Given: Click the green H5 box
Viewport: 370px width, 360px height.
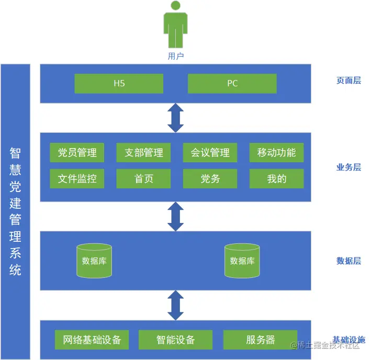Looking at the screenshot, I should [x=119, y=84].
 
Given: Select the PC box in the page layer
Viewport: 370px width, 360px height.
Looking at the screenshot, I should [x=232, y=84].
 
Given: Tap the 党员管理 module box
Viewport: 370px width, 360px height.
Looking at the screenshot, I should [x=77, y=153].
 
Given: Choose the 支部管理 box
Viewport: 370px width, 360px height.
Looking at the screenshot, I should [x=143, y=153].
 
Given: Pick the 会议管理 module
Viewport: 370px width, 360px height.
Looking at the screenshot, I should [x=210, y=153].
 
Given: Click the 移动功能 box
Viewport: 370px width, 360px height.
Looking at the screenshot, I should [x=276, y=153].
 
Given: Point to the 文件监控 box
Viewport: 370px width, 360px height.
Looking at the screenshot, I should [x=77, y=179].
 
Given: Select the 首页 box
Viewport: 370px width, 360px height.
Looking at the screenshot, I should [x=143, y=179].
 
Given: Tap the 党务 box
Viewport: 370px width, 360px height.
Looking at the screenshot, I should [x=210, y=179].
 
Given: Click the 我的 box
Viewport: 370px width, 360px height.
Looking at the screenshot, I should [x=276, y=179].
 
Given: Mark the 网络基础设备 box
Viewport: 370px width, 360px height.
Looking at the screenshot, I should [x=92, y=340].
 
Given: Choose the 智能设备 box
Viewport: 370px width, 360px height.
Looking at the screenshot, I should [x=175, y=340].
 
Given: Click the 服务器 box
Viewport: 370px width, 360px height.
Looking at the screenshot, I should [x=260, y=340].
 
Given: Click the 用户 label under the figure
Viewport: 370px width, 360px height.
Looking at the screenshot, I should [x=176, y=56].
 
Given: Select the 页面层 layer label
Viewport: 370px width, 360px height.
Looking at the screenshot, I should [x=349, y=81].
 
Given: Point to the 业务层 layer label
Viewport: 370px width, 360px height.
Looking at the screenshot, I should [x=349, y=167].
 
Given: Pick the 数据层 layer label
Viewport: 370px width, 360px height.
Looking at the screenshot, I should [x=349, y=261].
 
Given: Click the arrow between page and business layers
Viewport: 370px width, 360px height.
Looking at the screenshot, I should [x=175, y=118].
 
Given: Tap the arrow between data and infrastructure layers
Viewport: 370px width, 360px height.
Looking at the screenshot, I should [x=175, y=305].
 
